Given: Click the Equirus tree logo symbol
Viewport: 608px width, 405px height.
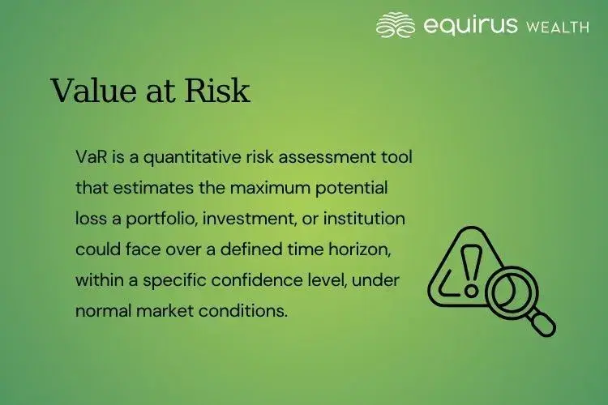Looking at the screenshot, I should pyautogui.click(x=396, y=25).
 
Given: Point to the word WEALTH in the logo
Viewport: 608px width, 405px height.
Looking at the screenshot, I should pyautogui.click(x=557, y=27).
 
